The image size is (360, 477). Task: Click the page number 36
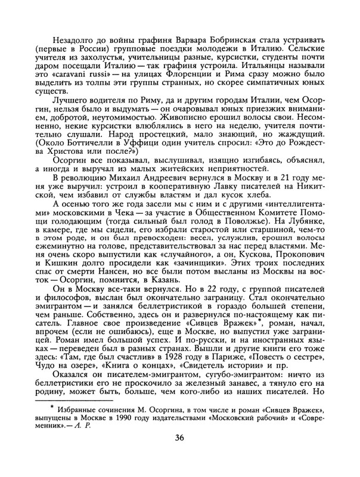[x=179, y=456]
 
